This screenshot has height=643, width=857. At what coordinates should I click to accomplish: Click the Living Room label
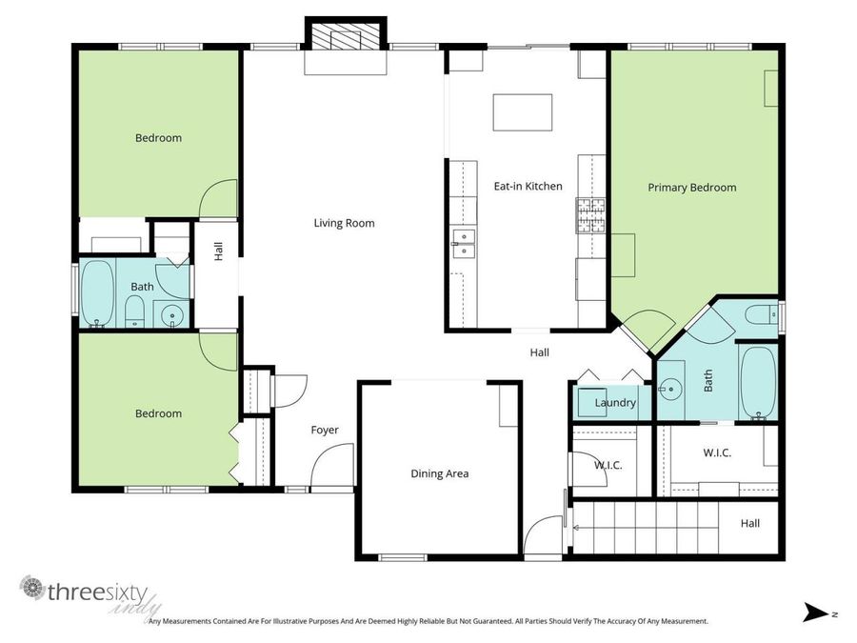(x=344, y=224)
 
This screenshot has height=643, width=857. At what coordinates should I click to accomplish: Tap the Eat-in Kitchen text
(x=527, y=187)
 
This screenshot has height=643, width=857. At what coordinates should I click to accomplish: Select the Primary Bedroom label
(x=691, y=188)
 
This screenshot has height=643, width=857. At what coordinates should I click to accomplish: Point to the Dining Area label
(x=439, y=473)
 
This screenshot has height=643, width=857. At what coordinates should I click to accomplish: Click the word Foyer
(x=325, y=431)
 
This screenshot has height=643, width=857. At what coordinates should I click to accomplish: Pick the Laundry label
(x=614, y=403)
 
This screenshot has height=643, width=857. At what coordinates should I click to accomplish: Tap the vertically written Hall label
(x=218, y=251)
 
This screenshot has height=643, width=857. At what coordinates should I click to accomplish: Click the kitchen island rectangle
(x=523, y=112)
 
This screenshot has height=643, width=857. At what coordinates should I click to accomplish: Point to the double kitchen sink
(x=464, y=244)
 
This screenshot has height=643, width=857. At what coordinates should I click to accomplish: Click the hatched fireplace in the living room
(x=346, y=36)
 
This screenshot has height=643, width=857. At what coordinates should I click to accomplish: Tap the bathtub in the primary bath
(x=758, y=382)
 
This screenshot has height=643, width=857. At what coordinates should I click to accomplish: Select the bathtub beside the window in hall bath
(x=97, y=292)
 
